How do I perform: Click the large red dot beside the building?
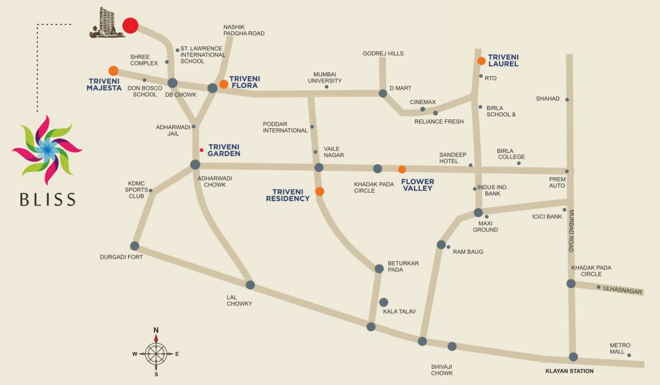[x=130, y=26]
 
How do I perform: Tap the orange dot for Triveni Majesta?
[x=114, y=71]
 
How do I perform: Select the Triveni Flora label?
[x=244, y=82]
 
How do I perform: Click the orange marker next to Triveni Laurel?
[x=481, y=61]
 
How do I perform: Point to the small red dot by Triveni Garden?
[x=201, y=150]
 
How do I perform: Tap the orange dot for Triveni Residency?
[x=319, y=191]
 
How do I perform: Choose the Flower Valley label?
[x=418, y=185]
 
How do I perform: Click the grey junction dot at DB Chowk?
[x=172, y=83]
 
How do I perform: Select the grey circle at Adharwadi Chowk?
[x=195, y=164]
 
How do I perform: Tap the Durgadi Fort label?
[x=121, y=257]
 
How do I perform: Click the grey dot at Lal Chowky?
[x=250, y=285]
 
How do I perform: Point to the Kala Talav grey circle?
[x=384, y=302]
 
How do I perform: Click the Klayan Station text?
[x=569, y=371]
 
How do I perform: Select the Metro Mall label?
[x=619, y=348]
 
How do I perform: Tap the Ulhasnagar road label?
[x=622, y=290]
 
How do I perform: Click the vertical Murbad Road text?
[x=571, y=231]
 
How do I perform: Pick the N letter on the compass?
[x=156, y=330]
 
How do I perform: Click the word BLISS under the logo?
[x=48, y=200]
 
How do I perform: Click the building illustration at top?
[x=106, y=23]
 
